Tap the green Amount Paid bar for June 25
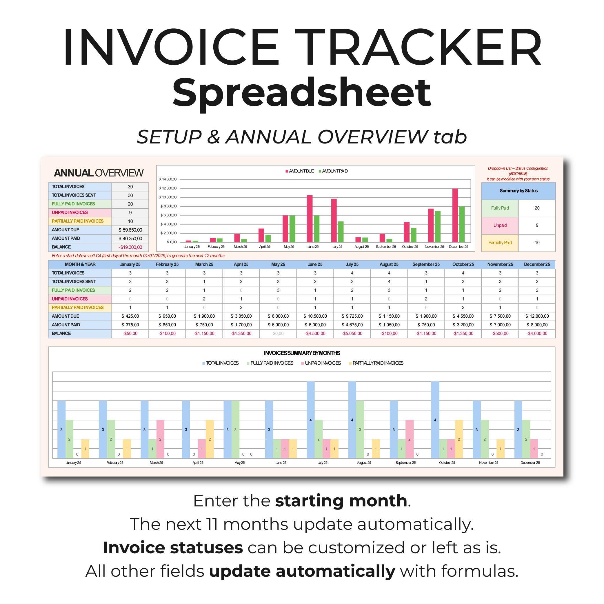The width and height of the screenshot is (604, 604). point(316,229)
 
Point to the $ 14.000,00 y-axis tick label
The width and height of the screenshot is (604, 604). point(168,179)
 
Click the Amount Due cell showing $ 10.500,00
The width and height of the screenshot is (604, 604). point(315,316)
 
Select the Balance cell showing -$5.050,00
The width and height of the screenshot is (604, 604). point(352,333)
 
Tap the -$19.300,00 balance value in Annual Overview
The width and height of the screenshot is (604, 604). point(130,247)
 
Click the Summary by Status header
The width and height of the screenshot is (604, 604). point(518,191)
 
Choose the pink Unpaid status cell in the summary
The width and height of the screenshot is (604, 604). point(500,225)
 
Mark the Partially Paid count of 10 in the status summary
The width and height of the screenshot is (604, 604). point(537,242)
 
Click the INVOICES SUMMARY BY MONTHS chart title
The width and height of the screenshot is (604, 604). point(302,353)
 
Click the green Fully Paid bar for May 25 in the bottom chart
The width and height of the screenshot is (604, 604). point(235,429)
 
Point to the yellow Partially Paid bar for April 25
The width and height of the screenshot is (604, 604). point(210,439)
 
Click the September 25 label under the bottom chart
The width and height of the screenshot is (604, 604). point(405,463)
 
